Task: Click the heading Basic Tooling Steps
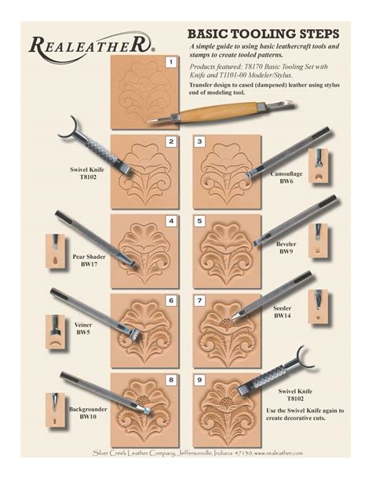click(262, 35)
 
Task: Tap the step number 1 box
click(170, 61)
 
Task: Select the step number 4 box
click(170, 222)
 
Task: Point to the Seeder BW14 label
click(283, 313)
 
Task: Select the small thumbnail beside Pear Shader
click(55, 250)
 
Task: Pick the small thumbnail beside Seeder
click(319, 307)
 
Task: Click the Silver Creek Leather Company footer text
click(186, 453)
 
